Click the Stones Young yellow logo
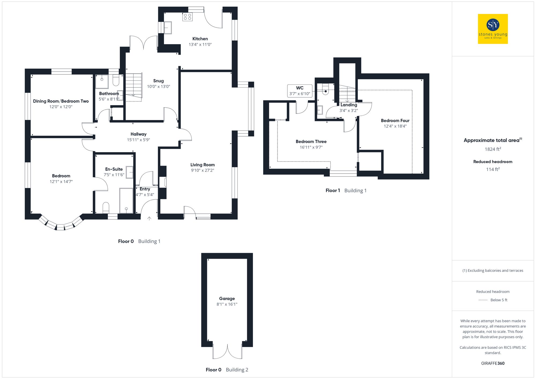coord(493,29)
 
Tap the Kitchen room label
coord(200,39)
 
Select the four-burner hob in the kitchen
coord(187,17)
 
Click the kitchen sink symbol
coord(167,28)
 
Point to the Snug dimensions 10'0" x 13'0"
coord(158,87)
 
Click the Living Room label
coord(202,165)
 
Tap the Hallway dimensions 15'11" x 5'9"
coord(138,140)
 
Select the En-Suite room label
coord(114,169)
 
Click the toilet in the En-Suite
coord(106,207)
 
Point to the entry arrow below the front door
coord(149,219)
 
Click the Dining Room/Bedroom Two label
coord(61,101)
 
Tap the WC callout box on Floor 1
coord(300,91)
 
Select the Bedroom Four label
coord(395,121)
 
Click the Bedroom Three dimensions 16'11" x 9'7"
coord(311,147)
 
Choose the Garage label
coord(227,298)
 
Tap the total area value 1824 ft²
coord(493,149)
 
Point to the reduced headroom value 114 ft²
coord(493,169)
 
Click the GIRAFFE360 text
coord(493,363)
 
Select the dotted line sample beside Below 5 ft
coord(483,300)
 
